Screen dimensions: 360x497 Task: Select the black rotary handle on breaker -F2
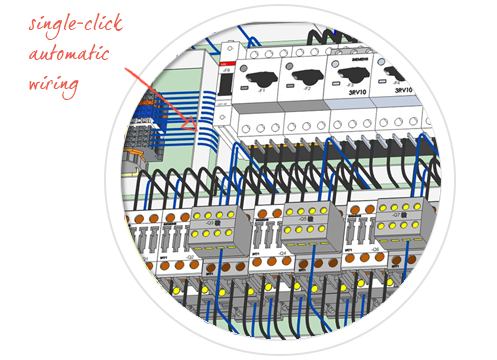303,72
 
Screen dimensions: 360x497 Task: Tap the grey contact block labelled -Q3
213,228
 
